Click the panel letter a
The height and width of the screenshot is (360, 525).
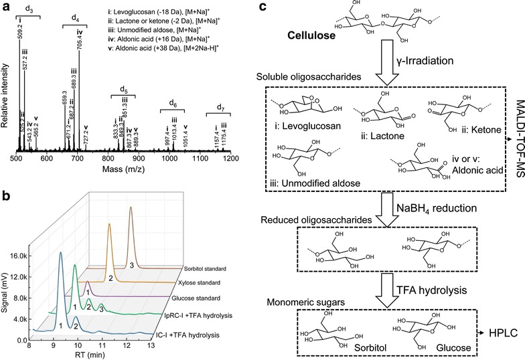click(x=6, y=6)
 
